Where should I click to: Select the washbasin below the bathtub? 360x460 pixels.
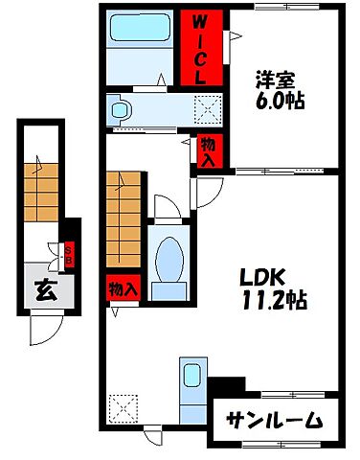[120, 110]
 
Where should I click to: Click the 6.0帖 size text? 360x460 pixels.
[281, 100]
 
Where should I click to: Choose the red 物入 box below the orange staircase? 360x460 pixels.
[122, 287]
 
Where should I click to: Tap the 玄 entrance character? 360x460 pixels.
[44, 288]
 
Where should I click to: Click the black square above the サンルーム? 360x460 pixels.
[223, 384]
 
